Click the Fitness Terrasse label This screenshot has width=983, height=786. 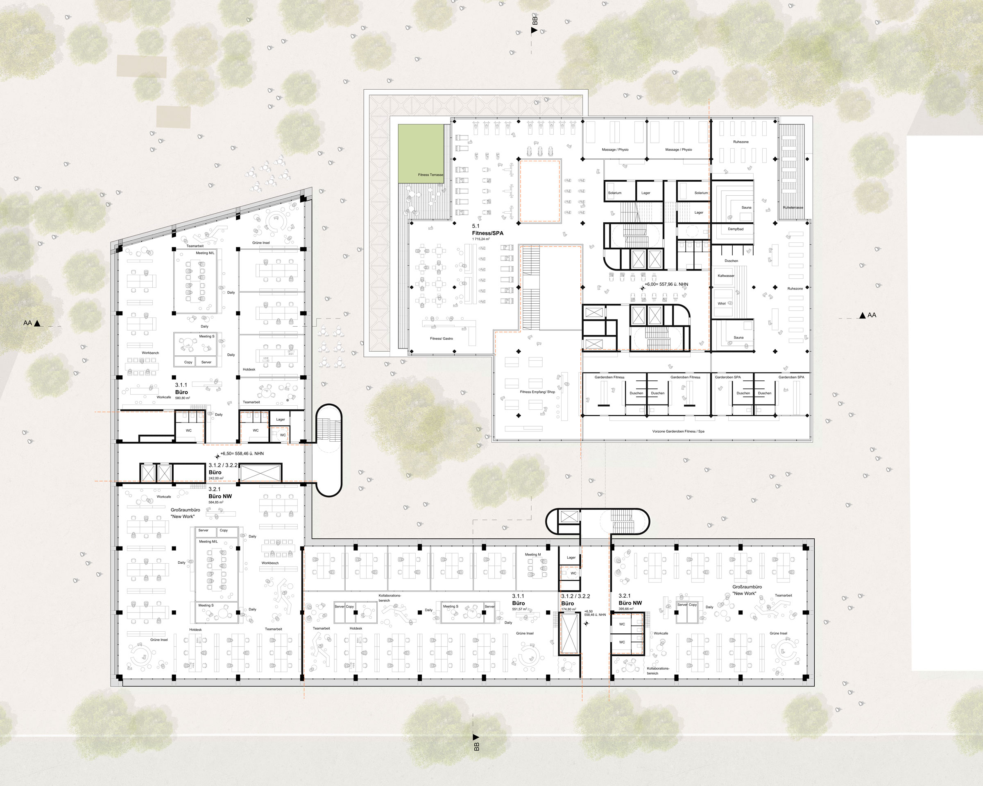(430, 174)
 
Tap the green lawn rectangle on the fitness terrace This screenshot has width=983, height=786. (421, 150)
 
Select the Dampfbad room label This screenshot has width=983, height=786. (736, 229)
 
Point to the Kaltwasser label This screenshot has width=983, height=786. (726, 276)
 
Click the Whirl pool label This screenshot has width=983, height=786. (722, 303)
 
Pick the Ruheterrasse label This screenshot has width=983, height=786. (793, 207)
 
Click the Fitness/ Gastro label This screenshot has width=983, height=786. (442, 339)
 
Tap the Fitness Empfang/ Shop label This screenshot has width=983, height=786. (537, 392)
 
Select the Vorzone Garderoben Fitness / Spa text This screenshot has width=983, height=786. (678, 431)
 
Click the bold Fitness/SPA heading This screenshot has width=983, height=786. (487, 233)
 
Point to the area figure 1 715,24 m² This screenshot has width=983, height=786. (480, 239)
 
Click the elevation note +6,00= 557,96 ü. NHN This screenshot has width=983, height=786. (666, 285)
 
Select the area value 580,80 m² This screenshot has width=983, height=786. (182, 398)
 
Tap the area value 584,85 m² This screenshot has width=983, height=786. (216, 503)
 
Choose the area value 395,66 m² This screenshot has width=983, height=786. (625, 609)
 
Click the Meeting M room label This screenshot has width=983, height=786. (532, 555)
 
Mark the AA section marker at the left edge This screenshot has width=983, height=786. (32, 323)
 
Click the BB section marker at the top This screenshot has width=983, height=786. (535, 25)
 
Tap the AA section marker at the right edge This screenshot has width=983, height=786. (867, 315)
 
